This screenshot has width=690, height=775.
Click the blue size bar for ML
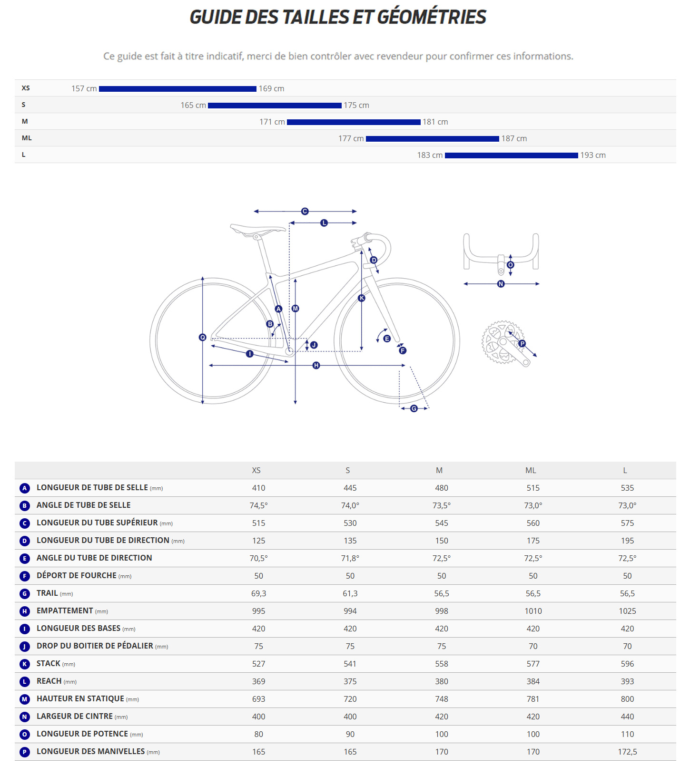pyautogui.click(x=432, y=138)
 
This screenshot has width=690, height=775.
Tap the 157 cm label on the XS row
pyautogui.click(x=84, y=88)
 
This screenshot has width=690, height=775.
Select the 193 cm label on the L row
pyautogui.click(x=592, y=155)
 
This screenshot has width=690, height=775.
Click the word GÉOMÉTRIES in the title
pyautogui.click(x=432, y=17)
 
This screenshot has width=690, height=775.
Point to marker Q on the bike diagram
pyautogui.click(x=202, y=337)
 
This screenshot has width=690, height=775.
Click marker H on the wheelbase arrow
pyautogui.click(x=316, y=365)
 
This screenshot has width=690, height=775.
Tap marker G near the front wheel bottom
pyautogui.click(x=414, y=408)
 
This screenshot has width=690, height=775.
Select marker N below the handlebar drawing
pyautogui.click(x=501, y=284)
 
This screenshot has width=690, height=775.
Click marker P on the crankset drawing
pyautogui.click(x=522, y=343)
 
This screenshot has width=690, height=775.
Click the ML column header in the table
pyautogui.click(x=531, y=470)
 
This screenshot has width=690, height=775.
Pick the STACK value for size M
pyautogui.click(x=441, y=664)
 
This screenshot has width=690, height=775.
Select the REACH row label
pyautogui.click(x=49, y=681)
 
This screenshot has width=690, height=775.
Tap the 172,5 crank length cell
pyautogui.click(x=627, y=752)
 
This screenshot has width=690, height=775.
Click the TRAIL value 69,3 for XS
pyautogui.click(x=258, y=593)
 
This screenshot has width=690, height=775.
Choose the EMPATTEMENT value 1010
pyautogui.click(x=533, y=611)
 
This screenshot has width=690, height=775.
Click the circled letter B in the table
pyautogui.click(x=25, y=505)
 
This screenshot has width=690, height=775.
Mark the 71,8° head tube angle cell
pyautogui.click(x=350, y=558)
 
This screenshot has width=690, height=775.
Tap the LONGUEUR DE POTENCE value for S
pyautogui.click(x=350, y=734)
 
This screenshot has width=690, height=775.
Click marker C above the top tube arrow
pyautogui.click(x=305, y=211)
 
